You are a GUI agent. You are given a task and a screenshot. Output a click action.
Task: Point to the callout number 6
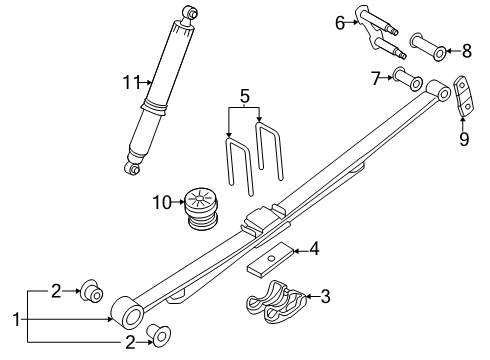click(x=340, y=23)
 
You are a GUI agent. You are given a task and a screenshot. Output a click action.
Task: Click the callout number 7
click(x=377, y=77)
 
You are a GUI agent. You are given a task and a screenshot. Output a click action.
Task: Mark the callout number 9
click(x=463, y=140)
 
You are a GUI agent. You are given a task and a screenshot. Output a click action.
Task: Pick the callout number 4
click(x=314, y=248)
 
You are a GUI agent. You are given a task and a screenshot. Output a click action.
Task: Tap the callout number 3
click(x=325, y=296)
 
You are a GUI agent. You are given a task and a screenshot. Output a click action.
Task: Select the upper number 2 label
click(x=57, y=291)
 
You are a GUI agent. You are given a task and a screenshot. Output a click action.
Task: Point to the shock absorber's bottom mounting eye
click(x=131, y=168)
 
